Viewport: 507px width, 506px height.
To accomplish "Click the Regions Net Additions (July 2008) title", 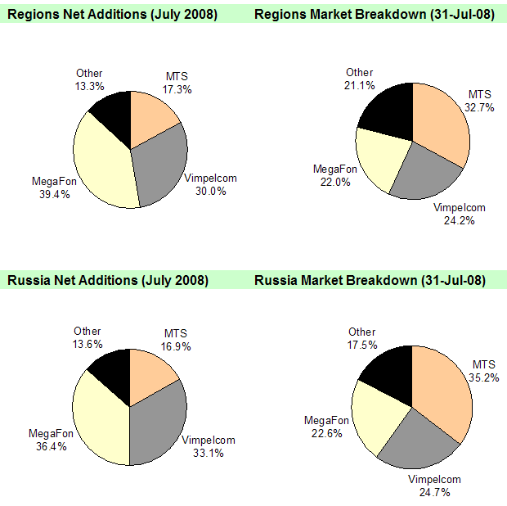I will [x=112, y=15].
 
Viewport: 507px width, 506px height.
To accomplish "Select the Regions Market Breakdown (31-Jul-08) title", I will [x=375, y=15].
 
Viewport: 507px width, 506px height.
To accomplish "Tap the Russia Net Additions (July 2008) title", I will [x=108, y=280].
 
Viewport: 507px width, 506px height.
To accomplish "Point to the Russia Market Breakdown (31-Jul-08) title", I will [x=370, y=280].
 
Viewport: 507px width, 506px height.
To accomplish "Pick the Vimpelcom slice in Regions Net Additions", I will [x=159, y=168].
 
